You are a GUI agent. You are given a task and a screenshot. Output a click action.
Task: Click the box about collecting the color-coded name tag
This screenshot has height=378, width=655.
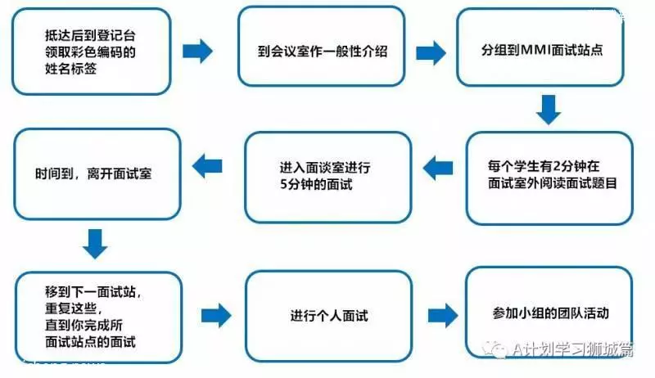tap(92, 52)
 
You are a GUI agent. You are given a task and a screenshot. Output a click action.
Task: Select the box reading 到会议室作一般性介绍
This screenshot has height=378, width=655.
tap(322, 47)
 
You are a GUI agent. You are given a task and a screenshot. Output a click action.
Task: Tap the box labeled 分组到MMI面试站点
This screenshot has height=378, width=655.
tap(540, 47)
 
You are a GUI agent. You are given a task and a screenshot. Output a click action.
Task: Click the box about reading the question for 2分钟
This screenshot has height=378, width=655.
tap(549, 178)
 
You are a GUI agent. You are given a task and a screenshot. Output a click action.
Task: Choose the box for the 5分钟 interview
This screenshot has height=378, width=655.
tap(328, 178)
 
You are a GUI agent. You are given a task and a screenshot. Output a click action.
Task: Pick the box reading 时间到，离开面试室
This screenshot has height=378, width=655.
tap(97, 174)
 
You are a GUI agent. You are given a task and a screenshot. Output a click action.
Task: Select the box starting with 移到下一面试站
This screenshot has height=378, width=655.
tap(99, 317)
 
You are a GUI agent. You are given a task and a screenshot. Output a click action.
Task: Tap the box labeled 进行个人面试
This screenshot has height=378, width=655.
tap(329, 316)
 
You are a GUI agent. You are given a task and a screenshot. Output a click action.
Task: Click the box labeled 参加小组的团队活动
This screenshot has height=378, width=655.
tap(549, 313)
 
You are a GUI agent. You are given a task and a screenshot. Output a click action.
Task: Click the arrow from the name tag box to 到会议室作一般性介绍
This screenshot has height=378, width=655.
tap(197, 52)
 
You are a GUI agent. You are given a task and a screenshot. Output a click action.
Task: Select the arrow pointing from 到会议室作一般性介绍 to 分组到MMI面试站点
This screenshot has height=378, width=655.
tap(431, 53)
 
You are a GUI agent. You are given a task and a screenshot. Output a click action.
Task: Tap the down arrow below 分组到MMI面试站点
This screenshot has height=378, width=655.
tap(549, 110)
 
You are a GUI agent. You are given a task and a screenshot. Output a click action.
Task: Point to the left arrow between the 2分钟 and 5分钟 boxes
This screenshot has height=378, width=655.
tap(438, 169)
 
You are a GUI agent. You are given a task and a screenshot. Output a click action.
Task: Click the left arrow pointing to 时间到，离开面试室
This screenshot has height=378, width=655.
tap(207, 166)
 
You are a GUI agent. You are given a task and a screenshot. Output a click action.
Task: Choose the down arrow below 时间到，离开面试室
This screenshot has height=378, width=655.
tap(95, 244)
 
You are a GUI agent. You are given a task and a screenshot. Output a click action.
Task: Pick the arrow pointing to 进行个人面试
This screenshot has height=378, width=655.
tap(216, 316)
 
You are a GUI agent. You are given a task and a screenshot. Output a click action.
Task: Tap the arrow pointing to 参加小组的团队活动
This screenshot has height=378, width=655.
tap(443, 316)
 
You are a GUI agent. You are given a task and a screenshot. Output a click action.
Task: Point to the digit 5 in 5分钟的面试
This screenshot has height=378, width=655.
tap(283, 184)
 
